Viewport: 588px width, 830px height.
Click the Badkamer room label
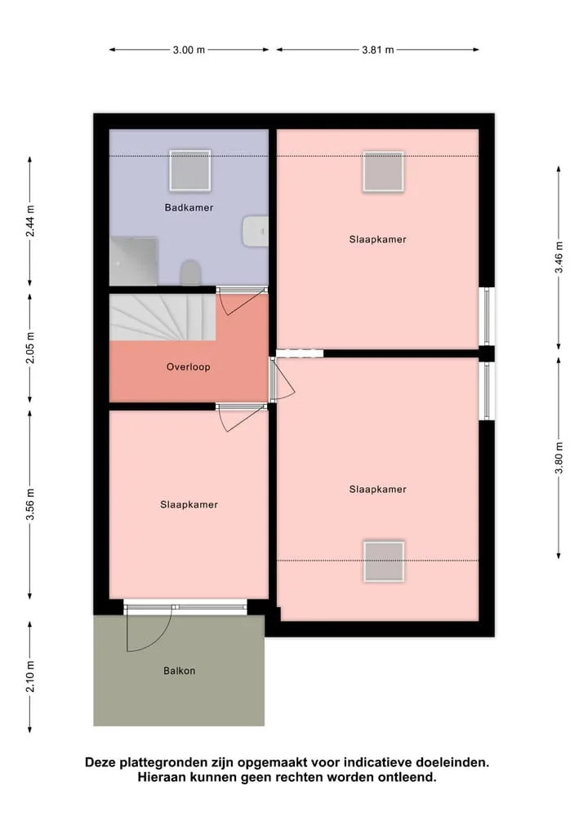(189, 207)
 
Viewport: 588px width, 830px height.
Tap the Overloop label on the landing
(188, 366)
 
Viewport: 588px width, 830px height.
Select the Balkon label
(179, 671)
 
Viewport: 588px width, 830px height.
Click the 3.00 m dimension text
(189, 50)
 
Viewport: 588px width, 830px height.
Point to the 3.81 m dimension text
(377, 50)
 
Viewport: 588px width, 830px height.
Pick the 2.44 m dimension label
(30, 220)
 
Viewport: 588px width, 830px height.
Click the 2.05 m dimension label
(30, 348)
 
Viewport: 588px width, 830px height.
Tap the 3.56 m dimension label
(30, 504)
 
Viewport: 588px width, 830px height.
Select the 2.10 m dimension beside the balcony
(30, 677)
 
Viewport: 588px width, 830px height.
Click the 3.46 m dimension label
(559, 257)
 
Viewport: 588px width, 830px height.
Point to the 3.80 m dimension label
(559, 458)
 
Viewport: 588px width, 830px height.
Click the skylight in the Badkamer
(190, 171)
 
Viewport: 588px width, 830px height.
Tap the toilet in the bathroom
(191, 273)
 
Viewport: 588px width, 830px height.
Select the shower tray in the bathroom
(133, 261)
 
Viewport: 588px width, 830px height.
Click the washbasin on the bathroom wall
(256, 231)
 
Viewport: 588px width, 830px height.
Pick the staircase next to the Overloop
(163, 317)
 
